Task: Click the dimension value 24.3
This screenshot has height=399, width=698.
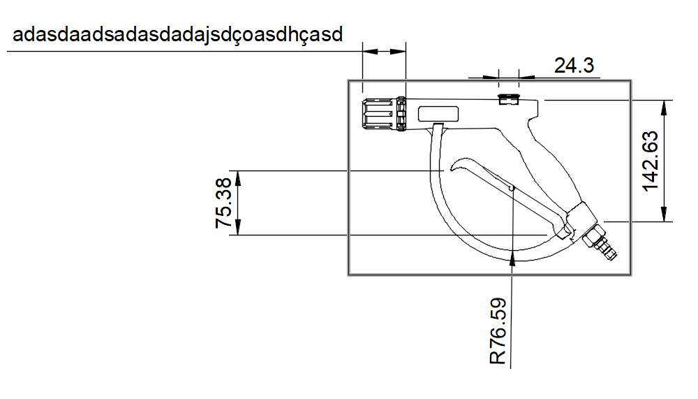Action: coord(574,66)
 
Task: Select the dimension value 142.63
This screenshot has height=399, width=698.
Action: coord(651,161)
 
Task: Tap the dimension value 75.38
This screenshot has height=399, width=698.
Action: coord(223,203)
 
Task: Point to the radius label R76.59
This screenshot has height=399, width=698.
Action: coord(498,331)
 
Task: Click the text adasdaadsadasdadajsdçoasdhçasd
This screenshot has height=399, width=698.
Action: coord(177,34)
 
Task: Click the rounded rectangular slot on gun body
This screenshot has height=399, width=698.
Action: coord(438,114)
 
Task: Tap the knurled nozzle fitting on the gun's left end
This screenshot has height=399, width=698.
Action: coord(384,114)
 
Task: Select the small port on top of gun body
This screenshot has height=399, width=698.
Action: coord(509,99)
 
